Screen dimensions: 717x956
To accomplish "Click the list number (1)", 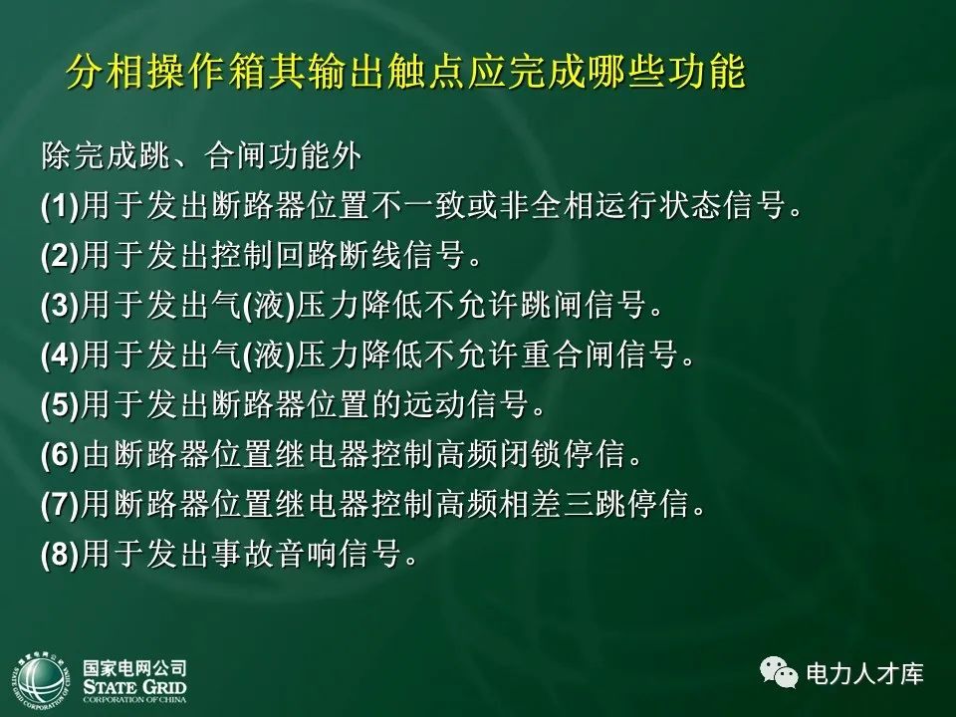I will (60, 208).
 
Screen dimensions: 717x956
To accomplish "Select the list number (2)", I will (60, 257).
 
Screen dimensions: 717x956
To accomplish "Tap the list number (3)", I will (60, 307).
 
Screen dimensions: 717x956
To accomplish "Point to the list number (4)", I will (60, 357).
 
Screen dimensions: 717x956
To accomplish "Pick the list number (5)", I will (60, 405).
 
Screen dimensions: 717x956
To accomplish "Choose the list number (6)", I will (60, 455).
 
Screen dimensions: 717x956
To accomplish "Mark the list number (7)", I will (60, 505).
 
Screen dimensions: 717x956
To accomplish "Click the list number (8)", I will (60, 554).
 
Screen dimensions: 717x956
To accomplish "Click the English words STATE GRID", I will (134, 688).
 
